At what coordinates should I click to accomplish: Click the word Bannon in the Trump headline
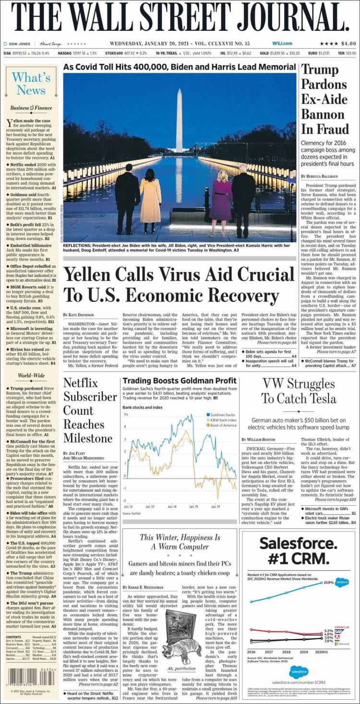click(x=325, y=114)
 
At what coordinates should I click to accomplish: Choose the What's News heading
click(x=31, y=84)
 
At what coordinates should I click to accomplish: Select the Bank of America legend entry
click(x=224, y=425)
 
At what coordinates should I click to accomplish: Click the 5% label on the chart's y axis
click(x=126, y=414)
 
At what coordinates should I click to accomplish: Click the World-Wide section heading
click(x=31, y=375)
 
